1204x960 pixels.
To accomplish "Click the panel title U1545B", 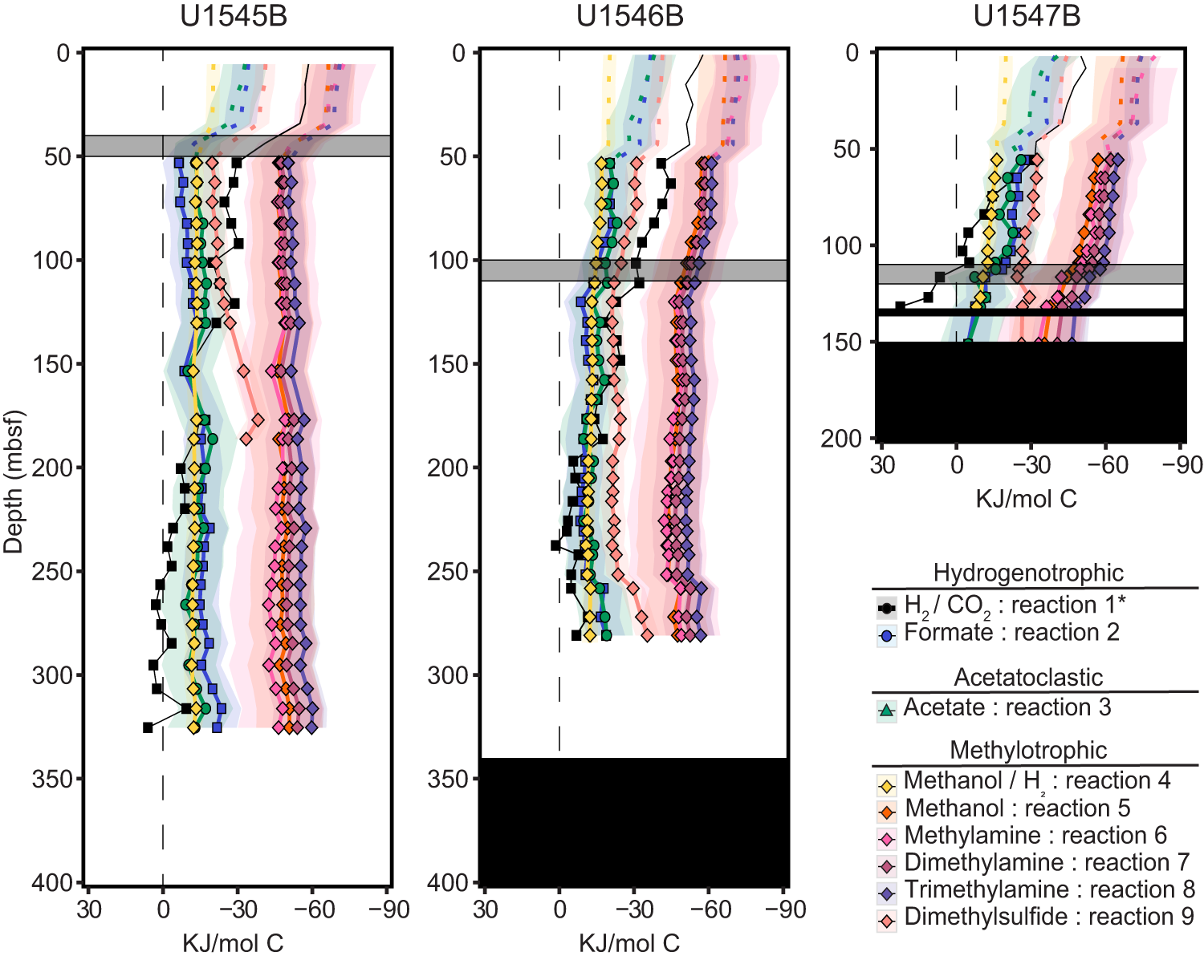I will click(234, 17).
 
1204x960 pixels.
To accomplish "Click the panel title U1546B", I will click(630, 17).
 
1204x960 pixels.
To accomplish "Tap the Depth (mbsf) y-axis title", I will click(14, 482).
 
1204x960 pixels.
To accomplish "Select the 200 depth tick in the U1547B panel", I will click(840, 439).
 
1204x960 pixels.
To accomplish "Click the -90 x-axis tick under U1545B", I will click(389, 910).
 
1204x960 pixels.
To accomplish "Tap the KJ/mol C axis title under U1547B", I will click(1026, 499).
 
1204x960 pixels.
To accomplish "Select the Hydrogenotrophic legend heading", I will click(1028, 573).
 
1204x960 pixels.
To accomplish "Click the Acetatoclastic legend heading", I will click(1028, 678).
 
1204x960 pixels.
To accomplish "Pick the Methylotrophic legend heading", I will click(1028, 751).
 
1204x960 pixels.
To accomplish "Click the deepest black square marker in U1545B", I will click(148, 727).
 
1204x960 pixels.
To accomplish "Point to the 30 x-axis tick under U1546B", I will click(485, 910).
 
